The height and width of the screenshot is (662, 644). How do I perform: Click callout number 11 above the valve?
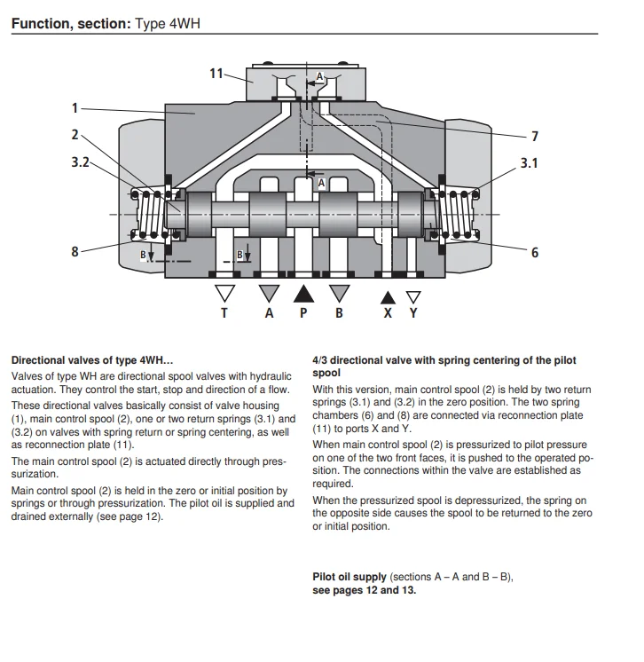pos(216,73)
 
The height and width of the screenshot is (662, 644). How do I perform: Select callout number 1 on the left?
pos(75,108)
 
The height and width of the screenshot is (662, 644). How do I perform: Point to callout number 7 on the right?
pos(534,137)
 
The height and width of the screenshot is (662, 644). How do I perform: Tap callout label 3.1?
pos(529,163)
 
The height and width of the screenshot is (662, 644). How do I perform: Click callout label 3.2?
pos(80,162)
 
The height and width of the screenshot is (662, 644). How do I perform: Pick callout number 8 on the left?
pos(75,251)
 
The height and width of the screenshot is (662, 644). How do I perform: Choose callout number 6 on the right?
pos(534,252)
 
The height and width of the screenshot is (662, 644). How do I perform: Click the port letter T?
pos(224,313)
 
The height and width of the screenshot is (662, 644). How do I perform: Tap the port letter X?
pos(388,313)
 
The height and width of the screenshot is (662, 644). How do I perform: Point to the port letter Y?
pos(412,313)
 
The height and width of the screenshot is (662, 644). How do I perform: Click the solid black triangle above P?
pos(303,293)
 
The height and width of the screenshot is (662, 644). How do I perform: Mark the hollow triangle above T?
pos(225,294)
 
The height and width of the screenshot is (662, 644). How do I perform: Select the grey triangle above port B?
pos(339,293)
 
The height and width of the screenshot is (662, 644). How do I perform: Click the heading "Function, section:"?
pos(70,24)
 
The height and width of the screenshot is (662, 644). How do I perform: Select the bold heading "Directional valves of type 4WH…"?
pos(91,360)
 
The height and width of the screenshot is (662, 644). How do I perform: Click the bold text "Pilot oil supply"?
pos(349,577)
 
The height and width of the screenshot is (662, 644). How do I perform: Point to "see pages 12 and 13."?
pos(364,590)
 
